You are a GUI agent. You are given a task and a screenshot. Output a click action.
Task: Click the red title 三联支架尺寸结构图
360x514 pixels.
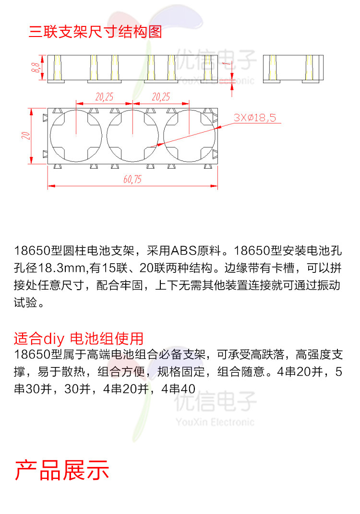pyautogui.click(x=95, y=32)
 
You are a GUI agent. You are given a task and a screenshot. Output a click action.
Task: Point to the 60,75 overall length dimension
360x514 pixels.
pyautogui.click(x=132, y=180)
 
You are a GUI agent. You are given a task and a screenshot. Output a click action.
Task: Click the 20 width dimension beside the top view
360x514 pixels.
pyautogui.click(x=25, y=135)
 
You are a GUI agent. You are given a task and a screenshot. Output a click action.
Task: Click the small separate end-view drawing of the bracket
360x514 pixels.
pyautogui.click(x=293, y=68)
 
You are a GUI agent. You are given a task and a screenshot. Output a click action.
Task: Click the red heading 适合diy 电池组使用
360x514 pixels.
pyautogui.click(x=79, y=338)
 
